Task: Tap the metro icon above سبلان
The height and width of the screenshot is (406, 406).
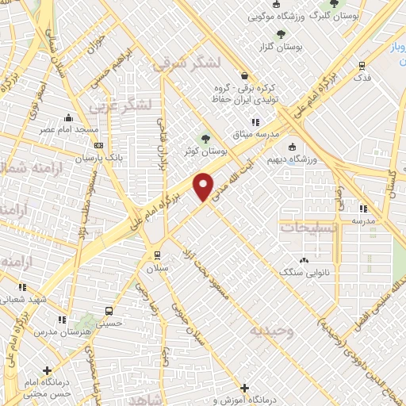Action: tap(157, 255)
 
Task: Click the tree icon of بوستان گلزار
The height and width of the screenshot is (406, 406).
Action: tap(280, 33)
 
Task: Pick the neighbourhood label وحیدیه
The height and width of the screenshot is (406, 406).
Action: tap(270, 330)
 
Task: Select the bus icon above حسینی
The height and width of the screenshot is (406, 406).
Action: tap(109, 311)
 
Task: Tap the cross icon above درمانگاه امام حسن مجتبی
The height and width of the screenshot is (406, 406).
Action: tap(48, 370)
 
